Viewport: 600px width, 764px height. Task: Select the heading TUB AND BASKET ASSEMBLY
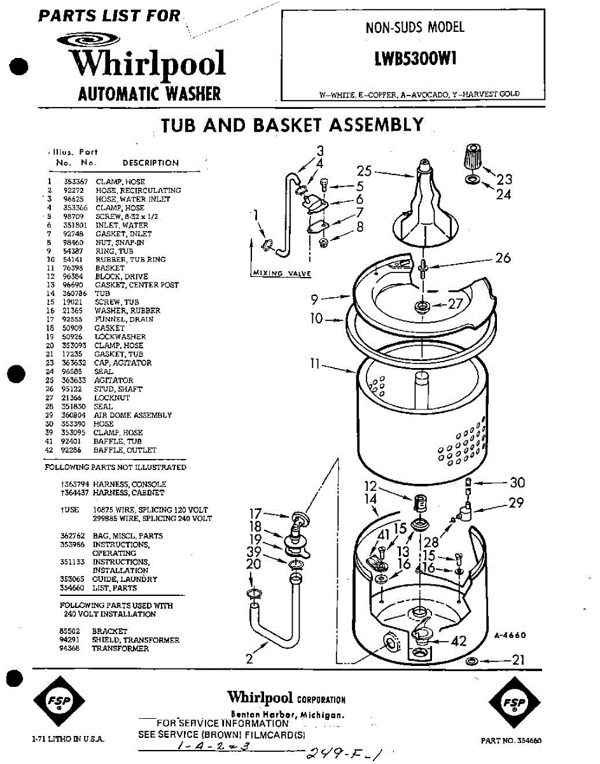[292, 124]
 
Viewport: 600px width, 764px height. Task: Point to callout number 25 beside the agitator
[364, 171]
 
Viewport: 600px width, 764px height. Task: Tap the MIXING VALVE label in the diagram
[281, 273]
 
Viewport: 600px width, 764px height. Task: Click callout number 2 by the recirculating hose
[249, 660]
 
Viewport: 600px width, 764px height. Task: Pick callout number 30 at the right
[517, 483]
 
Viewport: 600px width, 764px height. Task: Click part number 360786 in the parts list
[74, 294]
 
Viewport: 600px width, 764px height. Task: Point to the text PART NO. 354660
[511, 740]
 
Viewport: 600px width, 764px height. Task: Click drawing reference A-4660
[509, 635]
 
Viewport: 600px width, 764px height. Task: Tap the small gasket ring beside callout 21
[471, 661]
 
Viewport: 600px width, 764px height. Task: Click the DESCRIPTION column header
[151, 163]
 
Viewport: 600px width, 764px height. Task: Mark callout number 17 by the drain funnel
[255, 513]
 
